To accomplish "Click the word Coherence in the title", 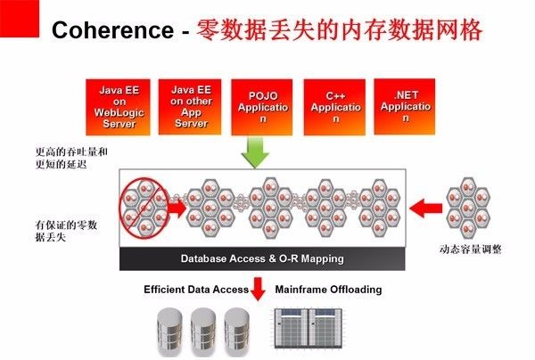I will (111, 31).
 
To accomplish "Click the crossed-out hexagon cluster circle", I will (145, 207).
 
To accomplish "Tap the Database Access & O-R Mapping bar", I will (262, 259).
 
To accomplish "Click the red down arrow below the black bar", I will (259, 289).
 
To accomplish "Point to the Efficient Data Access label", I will (194, 290).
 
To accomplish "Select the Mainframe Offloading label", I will (328, 290).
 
